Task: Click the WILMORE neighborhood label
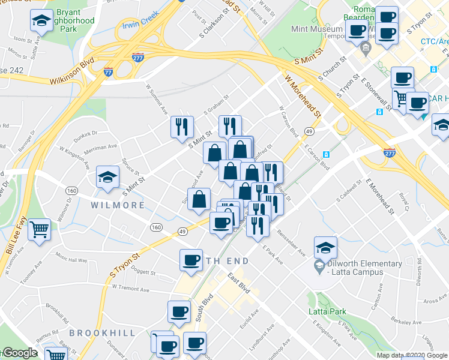click(118, 205)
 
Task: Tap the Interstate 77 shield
click(108, 71)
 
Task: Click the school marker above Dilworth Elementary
click(325, 247)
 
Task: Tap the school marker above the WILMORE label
click(107, 177)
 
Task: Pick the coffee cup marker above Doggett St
click(191, 260)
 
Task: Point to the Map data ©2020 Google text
click(411, 355)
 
